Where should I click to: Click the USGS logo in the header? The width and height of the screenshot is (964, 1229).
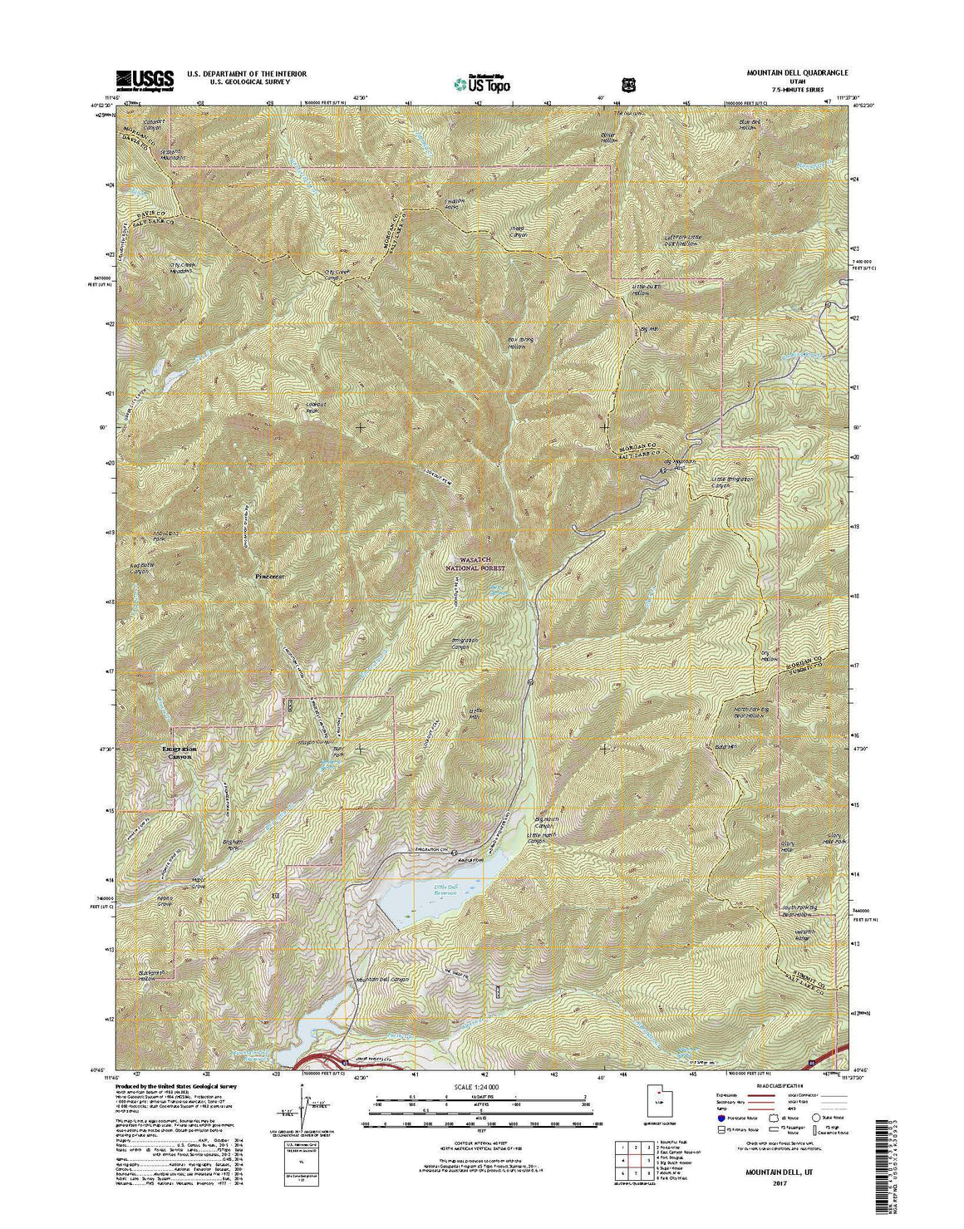click(x=145, y=79)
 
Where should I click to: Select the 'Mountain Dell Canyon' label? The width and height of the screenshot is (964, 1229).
click(x=383, y=980)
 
